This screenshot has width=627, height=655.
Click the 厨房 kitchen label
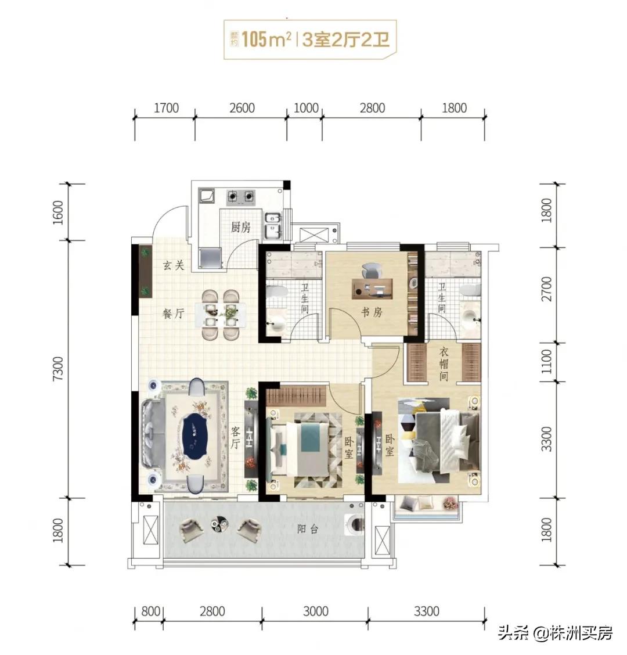pyautogui.click(x=241, y=227)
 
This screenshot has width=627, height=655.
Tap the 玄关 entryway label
pyautogui.click(x=173, y=265)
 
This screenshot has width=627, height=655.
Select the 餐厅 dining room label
pyautogui.click(x=173, y=314)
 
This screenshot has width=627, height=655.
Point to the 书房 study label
pyautogui.click(x=372, y=312)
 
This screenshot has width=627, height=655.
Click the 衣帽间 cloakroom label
pyautogui.click(x=444, y=364)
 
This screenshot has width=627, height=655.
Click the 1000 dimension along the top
pyautogui.click(x=306, y=108)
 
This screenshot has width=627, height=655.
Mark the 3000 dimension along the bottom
pyautogui.click(x=315, y=611)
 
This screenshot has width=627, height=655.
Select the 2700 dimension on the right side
pyautogui.click(x=547, y=294)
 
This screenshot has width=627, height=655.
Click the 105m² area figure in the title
pyautogui.click(x=266, y=40)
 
